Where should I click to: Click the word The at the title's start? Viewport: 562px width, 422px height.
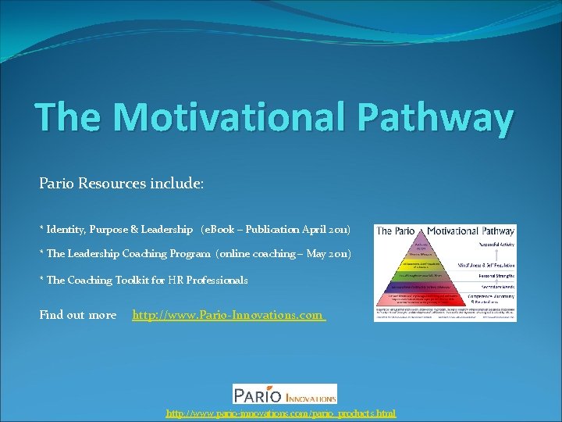[x=68, y=117]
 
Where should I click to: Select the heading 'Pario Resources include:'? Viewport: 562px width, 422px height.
[x=121, y=184]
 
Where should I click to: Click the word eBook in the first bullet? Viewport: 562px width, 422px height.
[x=220, y=230]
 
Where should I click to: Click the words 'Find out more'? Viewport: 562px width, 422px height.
[x=77, y=316]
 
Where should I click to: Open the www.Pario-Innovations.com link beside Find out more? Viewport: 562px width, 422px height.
[x=228, y=316]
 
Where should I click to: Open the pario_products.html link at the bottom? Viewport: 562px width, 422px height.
[x=280, y=413]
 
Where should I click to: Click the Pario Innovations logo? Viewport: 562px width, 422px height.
[x=285, y=393]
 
